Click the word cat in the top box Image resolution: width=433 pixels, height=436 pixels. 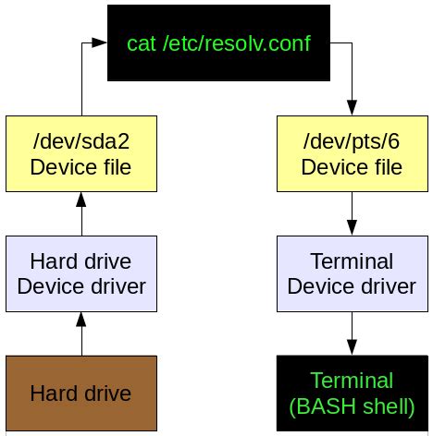coord(141,43)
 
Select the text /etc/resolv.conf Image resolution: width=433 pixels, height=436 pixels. coord(237,43)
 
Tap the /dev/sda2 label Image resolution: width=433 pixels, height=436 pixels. coord(81,141)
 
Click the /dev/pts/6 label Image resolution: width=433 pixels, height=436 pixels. coord(352,141)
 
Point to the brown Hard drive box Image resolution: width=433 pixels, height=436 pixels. coord(81,394)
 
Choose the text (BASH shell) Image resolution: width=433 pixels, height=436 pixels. coord(352,406)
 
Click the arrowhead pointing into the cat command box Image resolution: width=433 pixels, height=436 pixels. coord(99,42)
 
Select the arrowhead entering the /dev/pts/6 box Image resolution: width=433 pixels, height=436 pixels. coord(352,108)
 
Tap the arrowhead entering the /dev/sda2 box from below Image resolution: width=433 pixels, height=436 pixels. coord(81,200)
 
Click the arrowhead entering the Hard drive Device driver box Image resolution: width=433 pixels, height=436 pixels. coord(81,320)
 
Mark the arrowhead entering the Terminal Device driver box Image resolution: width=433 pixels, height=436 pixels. coord(352,228)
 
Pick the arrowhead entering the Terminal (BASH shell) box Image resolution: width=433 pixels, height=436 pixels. coord(352,347)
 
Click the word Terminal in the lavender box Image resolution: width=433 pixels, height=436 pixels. coord(352,261)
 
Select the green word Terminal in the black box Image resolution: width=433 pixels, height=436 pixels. coord(352,381)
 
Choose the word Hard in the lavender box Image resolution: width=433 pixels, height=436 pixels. coord(54,261)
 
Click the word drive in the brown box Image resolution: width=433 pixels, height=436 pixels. coord(107,394)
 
